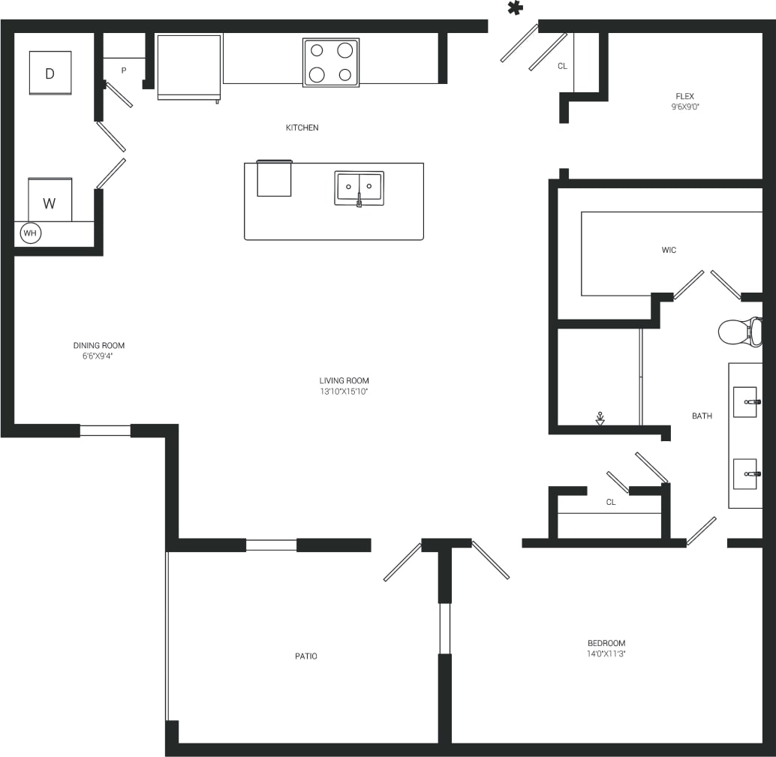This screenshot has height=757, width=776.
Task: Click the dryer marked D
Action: click(50, 73)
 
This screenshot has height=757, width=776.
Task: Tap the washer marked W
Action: click(50, 202)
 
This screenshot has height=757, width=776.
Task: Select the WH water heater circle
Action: click(30, 233)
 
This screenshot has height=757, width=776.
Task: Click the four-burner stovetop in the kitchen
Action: click(331, 62)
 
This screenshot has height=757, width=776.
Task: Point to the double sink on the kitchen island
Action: click(359, 188)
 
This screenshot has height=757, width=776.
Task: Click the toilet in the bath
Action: click(739, 331)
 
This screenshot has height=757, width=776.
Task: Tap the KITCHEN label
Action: click(302, 128)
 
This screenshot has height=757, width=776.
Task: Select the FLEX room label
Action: click(684, 96)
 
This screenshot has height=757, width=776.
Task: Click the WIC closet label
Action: click(669, 250)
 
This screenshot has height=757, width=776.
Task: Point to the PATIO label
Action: click(305, 656)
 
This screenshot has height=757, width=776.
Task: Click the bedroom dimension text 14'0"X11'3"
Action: click(606, 653)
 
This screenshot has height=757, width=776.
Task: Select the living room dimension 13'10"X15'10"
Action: click(344, 391)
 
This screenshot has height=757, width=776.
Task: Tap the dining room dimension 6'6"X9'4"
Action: click(98, 356)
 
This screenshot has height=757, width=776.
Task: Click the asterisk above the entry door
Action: click(514, 8)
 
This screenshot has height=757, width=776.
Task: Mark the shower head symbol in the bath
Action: click(600, 417)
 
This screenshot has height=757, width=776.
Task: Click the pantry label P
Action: click(124, 71)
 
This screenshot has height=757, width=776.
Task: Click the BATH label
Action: click(702, 416)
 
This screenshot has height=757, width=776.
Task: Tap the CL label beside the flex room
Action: click(562, 66)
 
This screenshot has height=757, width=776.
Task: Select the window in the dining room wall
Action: click(105, 431)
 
